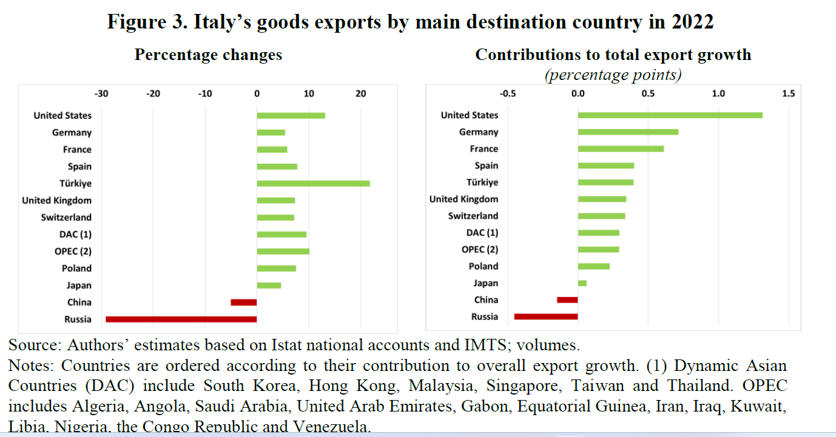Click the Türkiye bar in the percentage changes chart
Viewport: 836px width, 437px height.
click(x=313, y=183)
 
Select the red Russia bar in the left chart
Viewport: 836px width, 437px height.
click(x=181, y=319)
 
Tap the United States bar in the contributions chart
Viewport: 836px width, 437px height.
click(x=670, y=115)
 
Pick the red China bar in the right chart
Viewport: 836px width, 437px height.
click(x=567, y=299)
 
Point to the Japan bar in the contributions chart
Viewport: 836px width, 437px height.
click(x=582, y=283)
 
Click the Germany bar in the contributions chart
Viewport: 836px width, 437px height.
click(x=628, y=132)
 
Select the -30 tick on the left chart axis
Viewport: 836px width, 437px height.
click(x=101, y=94)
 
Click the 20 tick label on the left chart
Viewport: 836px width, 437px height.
click(x=361, y=94)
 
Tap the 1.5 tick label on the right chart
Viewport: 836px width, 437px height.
click(x=788, y=94)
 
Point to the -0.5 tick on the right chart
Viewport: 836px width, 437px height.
click(x=508, y=94)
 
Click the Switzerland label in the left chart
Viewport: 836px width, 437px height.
click(x=66, y=217)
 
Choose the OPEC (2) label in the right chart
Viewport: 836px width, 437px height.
click(x=480, y=249)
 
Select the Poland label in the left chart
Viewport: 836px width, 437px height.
click(x=76, y=268)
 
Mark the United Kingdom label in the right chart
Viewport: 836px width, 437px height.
click(x=464, y=199)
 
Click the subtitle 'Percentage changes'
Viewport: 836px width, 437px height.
click(x=208, y=55)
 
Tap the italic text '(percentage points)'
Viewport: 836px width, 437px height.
click(x=613, y=75)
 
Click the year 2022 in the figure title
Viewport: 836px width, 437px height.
click(x=692, y=22)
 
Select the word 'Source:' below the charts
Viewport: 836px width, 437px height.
click(x=35, y=345)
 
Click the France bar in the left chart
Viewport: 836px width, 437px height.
click(x=272, y=149)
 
